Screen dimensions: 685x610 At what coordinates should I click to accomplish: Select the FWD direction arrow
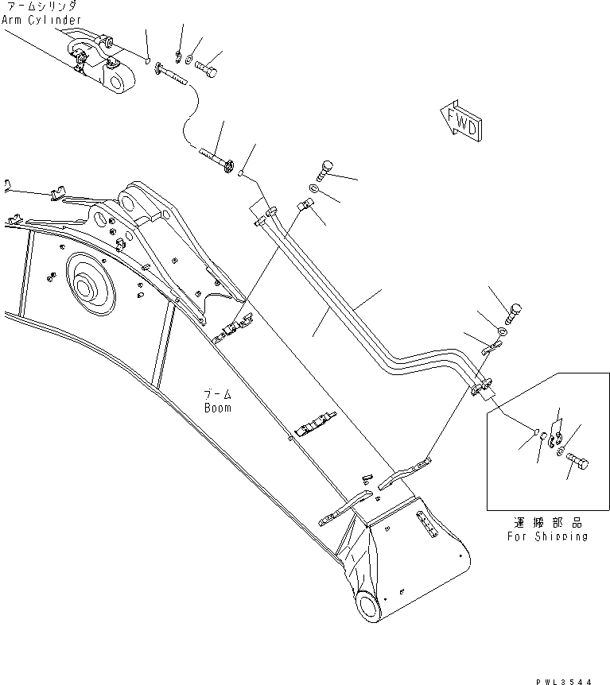coord(460,122)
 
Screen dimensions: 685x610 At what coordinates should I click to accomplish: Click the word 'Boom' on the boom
coord(216,408)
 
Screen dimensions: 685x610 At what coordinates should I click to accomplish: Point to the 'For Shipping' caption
coord(548,536)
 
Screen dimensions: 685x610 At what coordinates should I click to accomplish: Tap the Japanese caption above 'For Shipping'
coord(548,523)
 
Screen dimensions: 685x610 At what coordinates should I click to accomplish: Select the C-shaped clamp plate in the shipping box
coord(558,438)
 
